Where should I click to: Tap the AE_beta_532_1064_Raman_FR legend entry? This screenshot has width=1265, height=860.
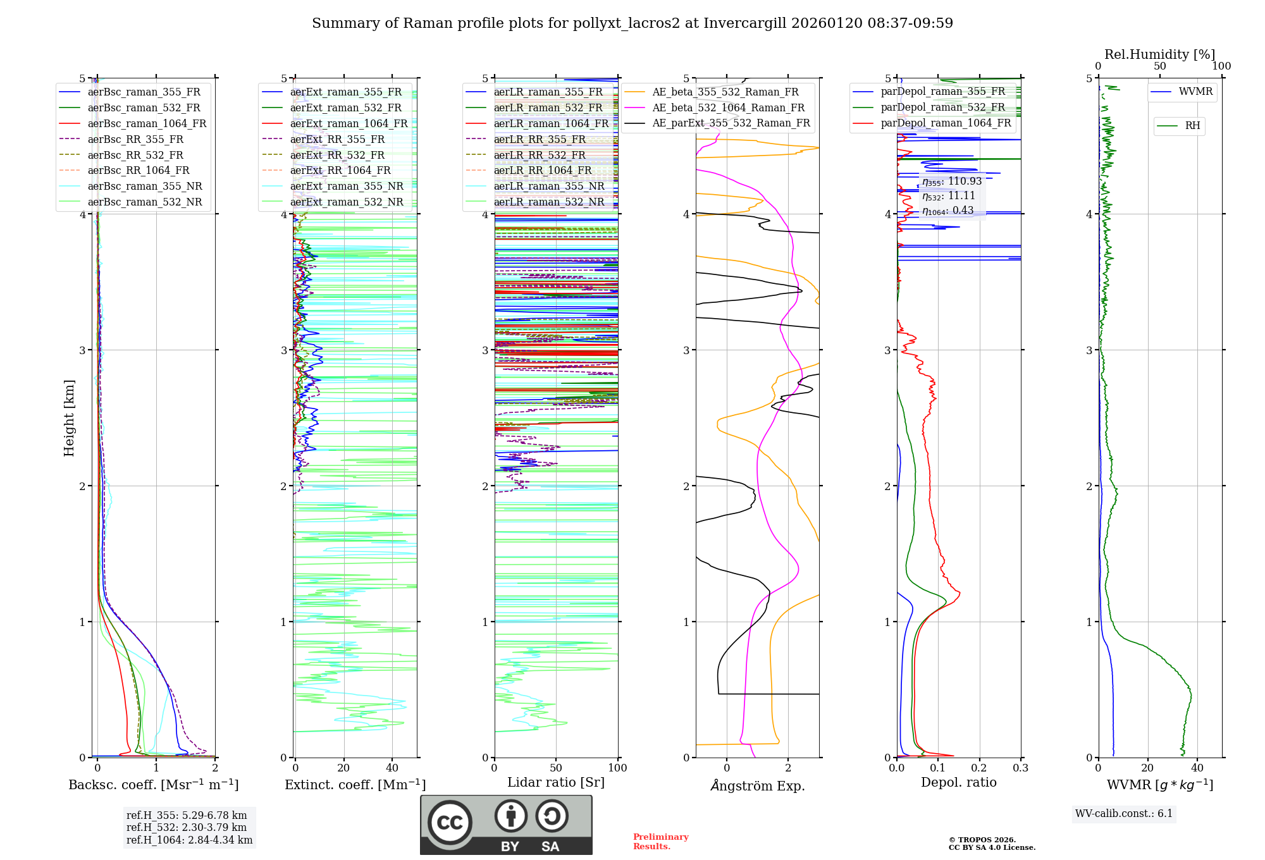pos(728,107)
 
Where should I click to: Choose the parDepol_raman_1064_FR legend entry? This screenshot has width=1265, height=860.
pos(946,123)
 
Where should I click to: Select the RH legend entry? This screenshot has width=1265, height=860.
pos(1192,126)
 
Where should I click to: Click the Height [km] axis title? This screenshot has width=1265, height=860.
pos(69,418)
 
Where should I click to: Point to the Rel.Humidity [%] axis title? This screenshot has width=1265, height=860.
pos(1159,54)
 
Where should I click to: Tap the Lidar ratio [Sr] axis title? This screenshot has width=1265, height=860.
pos(555,782)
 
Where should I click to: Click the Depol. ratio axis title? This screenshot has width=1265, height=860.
pos(958,782)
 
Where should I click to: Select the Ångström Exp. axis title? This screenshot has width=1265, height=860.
pos(757,785)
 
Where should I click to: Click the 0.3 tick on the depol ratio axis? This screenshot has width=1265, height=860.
pos(1020,768)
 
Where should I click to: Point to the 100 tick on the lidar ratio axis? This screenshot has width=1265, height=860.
pos(617,768)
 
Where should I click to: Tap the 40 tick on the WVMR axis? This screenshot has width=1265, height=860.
pos(1197,768)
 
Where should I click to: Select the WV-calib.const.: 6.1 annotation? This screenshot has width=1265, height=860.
pos(1123,814)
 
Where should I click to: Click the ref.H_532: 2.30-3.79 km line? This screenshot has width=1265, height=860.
pos(186,827)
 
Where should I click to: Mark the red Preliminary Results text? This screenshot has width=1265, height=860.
pos(660,842)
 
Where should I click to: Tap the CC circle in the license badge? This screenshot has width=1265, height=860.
pos(450,823)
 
